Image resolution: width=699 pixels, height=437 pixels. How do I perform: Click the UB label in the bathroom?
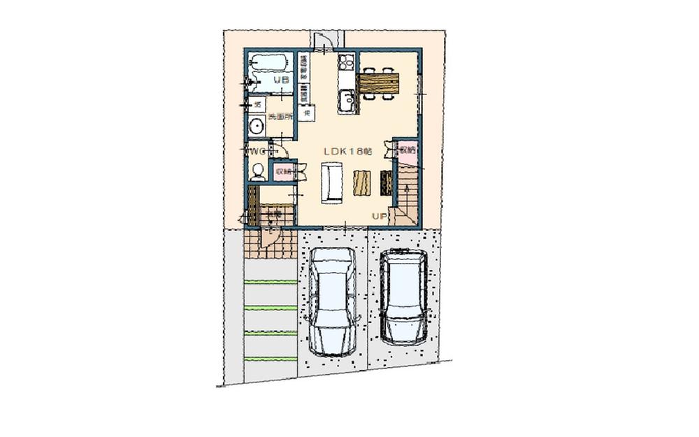coord(281,80)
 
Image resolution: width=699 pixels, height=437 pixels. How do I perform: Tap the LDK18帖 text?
coord(347,151)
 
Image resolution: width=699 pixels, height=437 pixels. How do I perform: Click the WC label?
coord(256,151)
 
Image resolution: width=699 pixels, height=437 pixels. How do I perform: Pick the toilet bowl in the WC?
coord(258,171)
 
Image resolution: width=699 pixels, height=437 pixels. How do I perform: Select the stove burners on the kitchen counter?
coord(347,64)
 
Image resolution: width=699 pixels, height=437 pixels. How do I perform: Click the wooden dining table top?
coord(378,83)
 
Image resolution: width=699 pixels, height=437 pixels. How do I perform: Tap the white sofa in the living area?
coord(331,182)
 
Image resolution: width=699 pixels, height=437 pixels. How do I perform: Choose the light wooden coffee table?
coord(361,183)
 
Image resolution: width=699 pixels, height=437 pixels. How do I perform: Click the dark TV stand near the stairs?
coord(386,183)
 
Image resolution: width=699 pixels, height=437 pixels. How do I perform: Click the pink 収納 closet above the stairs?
coord(407,150)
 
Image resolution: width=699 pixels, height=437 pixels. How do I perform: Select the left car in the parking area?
coord(333,302)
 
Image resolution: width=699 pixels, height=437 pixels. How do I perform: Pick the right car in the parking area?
coord(404,296)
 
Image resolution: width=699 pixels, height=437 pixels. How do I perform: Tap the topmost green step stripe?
coord(271,282)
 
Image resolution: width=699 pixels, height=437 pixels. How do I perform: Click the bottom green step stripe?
coord(271,359)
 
